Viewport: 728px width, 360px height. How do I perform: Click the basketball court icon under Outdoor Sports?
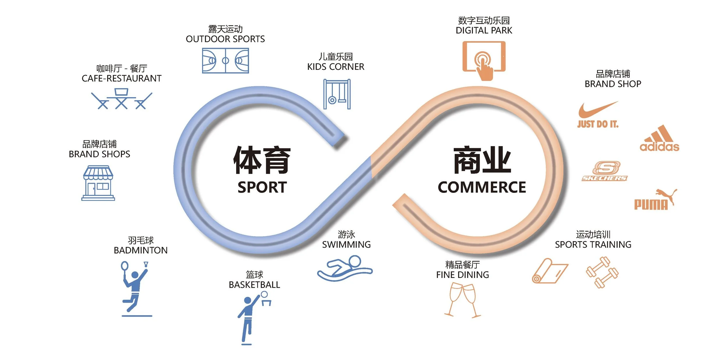tap(225, 61)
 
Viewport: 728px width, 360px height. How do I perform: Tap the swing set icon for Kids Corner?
tap(337, 94)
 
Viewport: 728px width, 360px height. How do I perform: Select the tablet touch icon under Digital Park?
tap(484, 60)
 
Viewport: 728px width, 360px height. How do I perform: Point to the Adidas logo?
tap(660, 139)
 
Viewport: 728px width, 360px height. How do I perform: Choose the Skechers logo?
tap(605, 171)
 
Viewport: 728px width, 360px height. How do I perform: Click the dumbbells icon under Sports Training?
tap(602, 272)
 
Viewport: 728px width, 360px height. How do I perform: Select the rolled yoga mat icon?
tap(549, 271)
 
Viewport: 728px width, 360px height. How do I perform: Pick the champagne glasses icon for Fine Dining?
tap(462, 300)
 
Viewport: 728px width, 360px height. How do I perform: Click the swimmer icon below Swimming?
tap(345, 268)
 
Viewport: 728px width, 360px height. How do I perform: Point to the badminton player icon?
tap(135, 287)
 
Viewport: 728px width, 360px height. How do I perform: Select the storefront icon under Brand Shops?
tap(98, 183)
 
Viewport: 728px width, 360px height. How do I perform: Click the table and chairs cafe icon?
tap(121, 99)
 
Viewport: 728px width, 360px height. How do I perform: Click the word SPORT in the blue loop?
tap(262, 187)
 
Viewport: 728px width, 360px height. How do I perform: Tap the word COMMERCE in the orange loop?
tap(482, 187)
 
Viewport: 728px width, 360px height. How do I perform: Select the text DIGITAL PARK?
tap(484, 30)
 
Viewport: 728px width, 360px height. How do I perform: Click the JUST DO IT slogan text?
tap(598, 124)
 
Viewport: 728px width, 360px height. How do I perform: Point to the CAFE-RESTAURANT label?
tap(121, 78)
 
